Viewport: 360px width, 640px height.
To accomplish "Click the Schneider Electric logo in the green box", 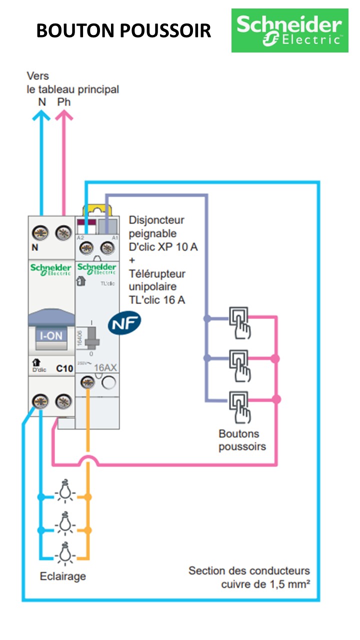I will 289,30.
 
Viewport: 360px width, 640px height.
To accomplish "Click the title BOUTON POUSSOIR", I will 123,31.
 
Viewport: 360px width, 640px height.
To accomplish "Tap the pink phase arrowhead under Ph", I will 64,115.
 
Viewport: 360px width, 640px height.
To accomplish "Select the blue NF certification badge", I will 124,323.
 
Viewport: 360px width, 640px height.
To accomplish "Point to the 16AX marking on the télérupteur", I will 105,367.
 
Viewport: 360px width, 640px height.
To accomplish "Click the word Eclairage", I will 62,576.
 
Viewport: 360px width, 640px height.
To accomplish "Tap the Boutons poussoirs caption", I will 242,440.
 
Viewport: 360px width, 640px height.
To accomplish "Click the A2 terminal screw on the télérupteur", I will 86,247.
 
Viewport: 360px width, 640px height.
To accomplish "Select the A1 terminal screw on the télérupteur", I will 106,247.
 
